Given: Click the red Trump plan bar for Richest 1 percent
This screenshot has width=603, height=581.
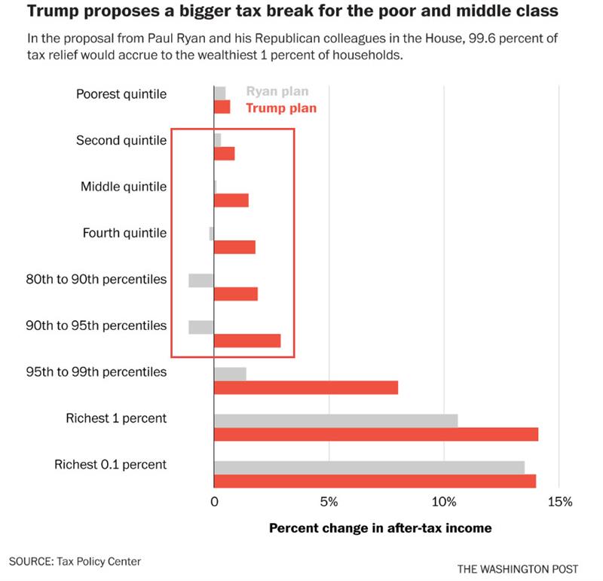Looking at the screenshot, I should click(x=376, y=434).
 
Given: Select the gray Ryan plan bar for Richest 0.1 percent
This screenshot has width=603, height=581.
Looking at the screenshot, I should click(x=369, y=467).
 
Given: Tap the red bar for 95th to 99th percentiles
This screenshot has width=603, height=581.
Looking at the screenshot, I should click(x=306, y=387).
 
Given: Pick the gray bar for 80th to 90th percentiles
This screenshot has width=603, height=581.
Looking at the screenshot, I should click(x=201, y=280).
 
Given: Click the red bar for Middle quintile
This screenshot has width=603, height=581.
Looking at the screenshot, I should click(x=231, y=200).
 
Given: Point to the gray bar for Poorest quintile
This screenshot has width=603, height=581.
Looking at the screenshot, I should click(x=220, y=93).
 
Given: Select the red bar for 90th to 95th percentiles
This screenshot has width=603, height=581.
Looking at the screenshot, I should click(x=247, y=341).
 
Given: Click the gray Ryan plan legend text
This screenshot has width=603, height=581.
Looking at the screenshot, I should click(x=277, y=92).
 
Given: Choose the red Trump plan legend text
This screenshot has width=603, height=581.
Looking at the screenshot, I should click(x=281, y=108).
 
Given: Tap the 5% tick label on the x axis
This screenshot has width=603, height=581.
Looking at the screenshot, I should click(x=329, y=501).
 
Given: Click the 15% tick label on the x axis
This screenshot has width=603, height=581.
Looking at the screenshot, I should click(x=560, y=501).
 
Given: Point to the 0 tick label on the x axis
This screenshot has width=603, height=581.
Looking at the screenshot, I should click(x=215, y=501).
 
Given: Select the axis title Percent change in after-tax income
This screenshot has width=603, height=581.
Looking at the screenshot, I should click(x=380, y=528).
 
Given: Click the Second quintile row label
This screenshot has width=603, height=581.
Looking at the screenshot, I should click(x=121, y=141).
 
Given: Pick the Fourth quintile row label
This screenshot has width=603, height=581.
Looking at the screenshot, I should click(x=124, y=233).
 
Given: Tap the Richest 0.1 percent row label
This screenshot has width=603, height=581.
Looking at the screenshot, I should click(x=110, y=464).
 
